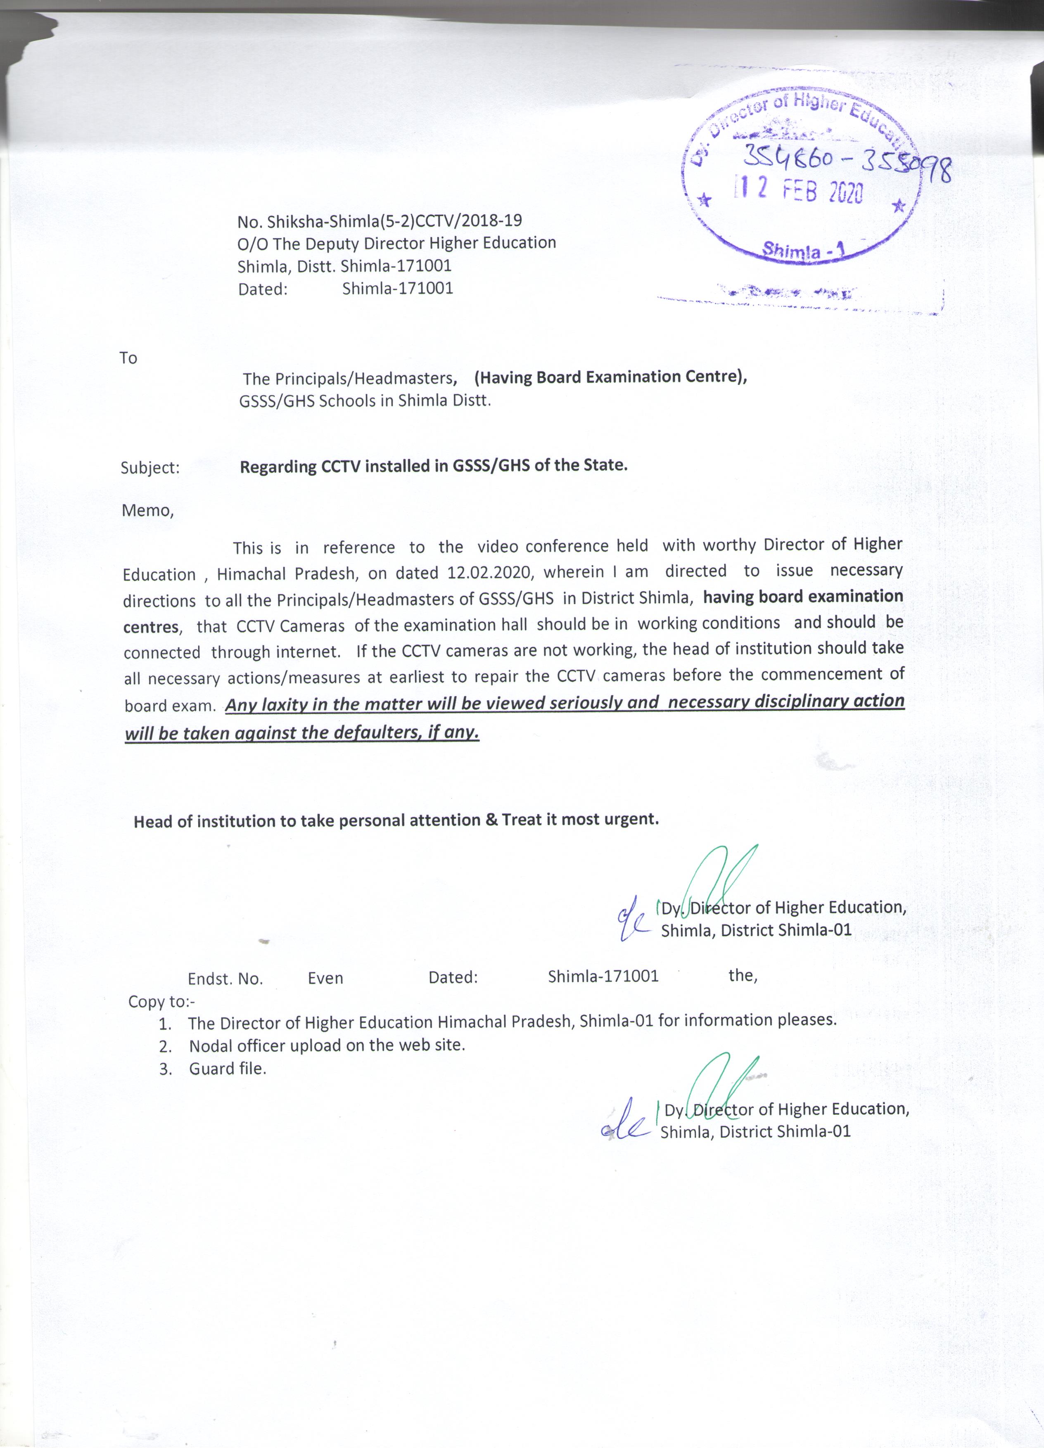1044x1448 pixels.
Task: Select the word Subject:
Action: click(x=150, y=468)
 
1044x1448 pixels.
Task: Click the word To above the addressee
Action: click(x=128, y=358)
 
